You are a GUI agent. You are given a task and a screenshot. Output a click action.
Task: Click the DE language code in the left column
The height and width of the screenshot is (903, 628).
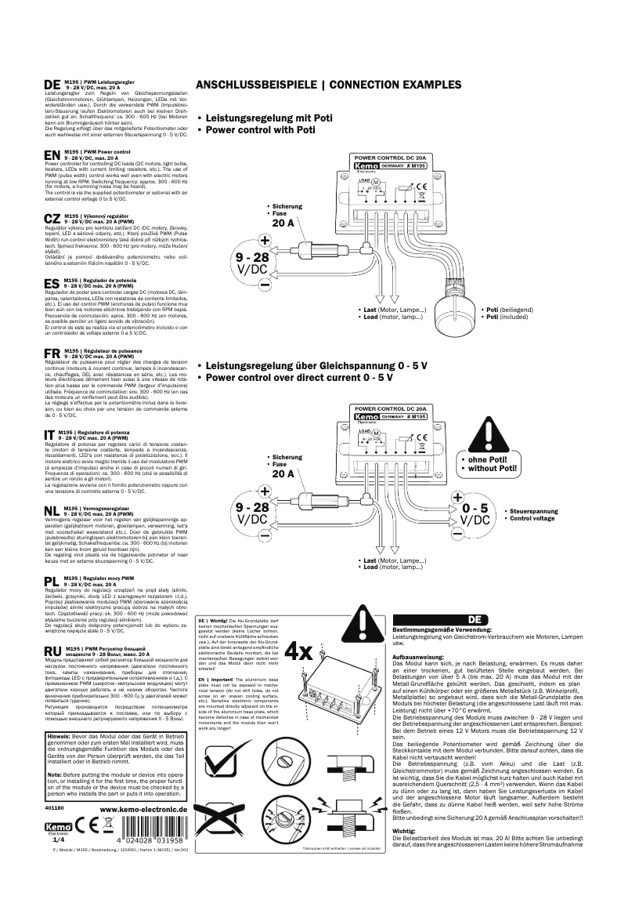coord(51,85)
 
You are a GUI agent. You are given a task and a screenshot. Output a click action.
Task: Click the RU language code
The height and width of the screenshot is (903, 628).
coord(52,651)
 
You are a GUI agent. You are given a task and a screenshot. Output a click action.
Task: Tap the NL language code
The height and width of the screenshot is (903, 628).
coord(52,510)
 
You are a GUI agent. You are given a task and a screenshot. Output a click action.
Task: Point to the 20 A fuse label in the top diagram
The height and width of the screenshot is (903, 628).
coord(283,223)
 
